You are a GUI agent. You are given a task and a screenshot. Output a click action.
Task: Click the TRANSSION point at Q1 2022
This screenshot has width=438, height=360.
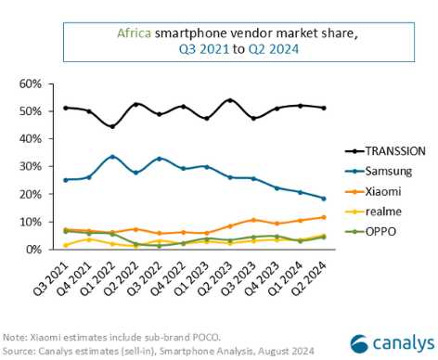112,126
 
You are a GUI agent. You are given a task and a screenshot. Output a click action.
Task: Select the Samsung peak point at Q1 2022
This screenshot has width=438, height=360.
112,157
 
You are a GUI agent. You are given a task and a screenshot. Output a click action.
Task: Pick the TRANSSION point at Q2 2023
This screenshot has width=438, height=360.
230,100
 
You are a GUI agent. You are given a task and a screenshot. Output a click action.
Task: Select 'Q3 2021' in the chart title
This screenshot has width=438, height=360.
184,48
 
